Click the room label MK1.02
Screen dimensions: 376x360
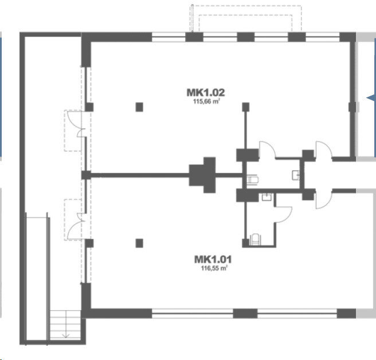click(x=206, y=92)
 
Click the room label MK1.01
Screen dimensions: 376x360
click(x=213, y=260)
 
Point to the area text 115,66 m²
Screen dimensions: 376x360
click(x=207, y=101)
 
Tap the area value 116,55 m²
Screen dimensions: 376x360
click(x=214, y=268)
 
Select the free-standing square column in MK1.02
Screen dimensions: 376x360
click(x=139, y=107)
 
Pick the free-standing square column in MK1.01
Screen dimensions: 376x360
click(x=139, y=243)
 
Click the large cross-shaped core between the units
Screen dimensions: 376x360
click(x=202, y=175)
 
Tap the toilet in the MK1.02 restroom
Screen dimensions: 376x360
click(x=252, y=179)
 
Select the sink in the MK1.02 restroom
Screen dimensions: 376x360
click(x=296, y=175)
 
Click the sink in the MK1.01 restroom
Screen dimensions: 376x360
click(x=267, y=197)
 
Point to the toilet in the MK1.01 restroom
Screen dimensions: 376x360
click(x=254, y=240)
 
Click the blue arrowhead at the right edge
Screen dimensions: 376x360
click(x=371, y=98)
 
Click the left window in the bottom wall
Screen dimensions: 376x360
click(x=193, y=313)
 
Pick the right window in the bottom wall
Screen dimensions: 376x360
click(x=297, y=313)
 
